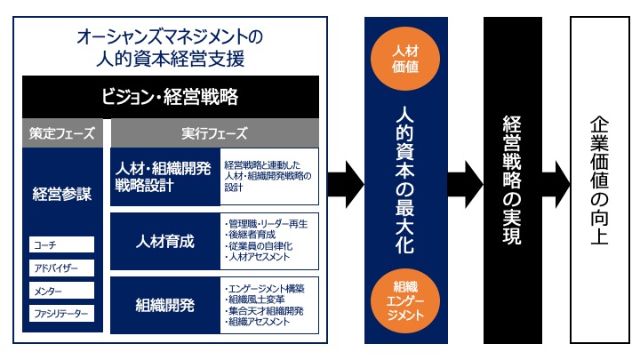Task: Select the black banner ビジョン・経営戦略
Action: (170, 95)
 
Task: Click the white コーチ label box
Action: (61, 244)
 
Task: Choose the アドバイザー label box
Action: (61, 267)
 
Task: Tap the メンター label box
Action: (61, 290)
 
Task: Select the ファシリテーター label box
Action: (61, 313)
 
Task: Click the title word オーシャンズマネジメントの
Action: (170, 37)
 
